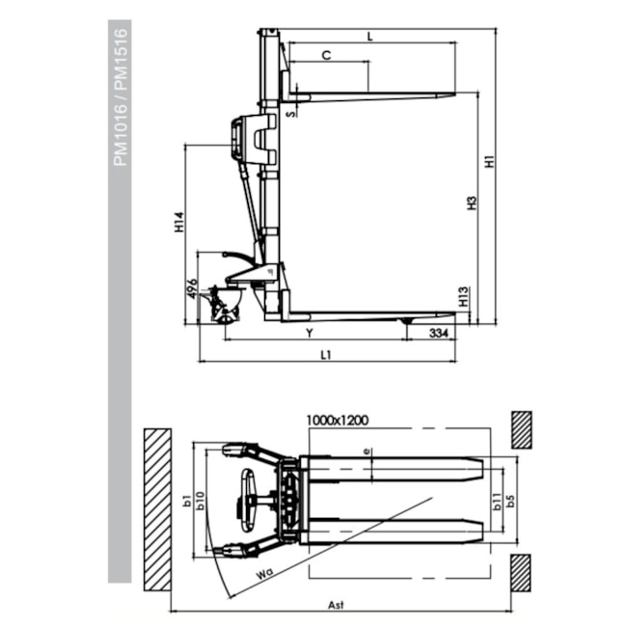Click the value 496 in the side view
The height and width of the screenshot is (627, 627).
click(x=193, y=288)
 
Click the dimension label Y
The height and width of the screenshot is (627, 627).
click(x=308, y=333)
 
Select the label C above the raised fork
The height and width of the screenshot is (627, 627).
click(x=326, y=56)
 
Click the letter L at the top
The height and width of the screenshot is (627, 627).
click(x=369, y=36)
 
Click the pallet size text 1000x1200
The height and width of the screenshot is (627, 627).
click(x=339, y=421)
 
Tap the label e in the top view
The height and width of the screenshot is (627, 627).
click(x=367, y=450)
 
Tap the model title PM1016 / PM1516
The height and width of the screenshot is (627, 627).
click(x=121, y=96)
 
